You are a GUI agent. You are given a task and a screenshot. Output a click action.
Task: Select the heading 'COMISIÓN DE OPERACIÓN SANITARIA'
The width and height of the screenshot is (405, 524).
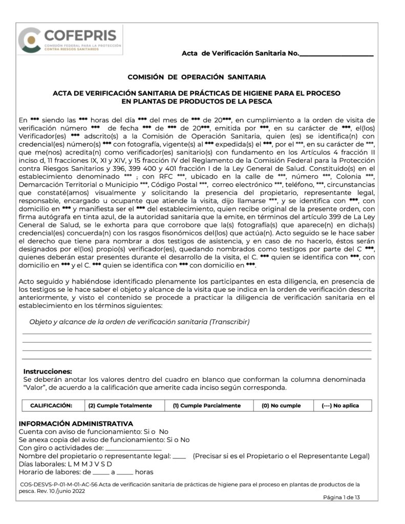[196, 77]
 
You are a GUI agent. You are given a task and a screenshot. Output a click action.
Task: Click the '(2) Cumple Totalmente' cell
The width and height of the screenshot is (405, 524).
[120, 405]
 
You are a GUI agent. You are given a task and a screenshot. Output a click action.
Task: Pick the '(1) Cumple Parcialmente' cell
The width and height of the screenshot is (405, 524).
[206, 405]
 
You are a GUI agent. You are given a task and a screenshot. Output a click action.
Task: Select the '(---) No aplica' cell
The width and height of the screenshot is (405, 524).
[339, 405]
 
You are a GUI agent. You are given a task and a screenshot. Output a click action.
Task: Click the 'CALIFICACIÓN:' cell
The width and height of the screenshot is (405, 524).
[51, 405]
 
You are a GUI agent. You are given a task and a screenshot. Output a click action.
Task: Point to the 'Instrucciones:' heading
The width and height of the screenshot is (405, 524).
[48, 372]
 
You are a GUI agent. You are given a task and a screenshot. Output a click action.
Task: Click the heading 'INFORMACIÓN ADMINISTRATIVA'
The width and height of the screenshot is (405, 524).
[76, 424]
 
